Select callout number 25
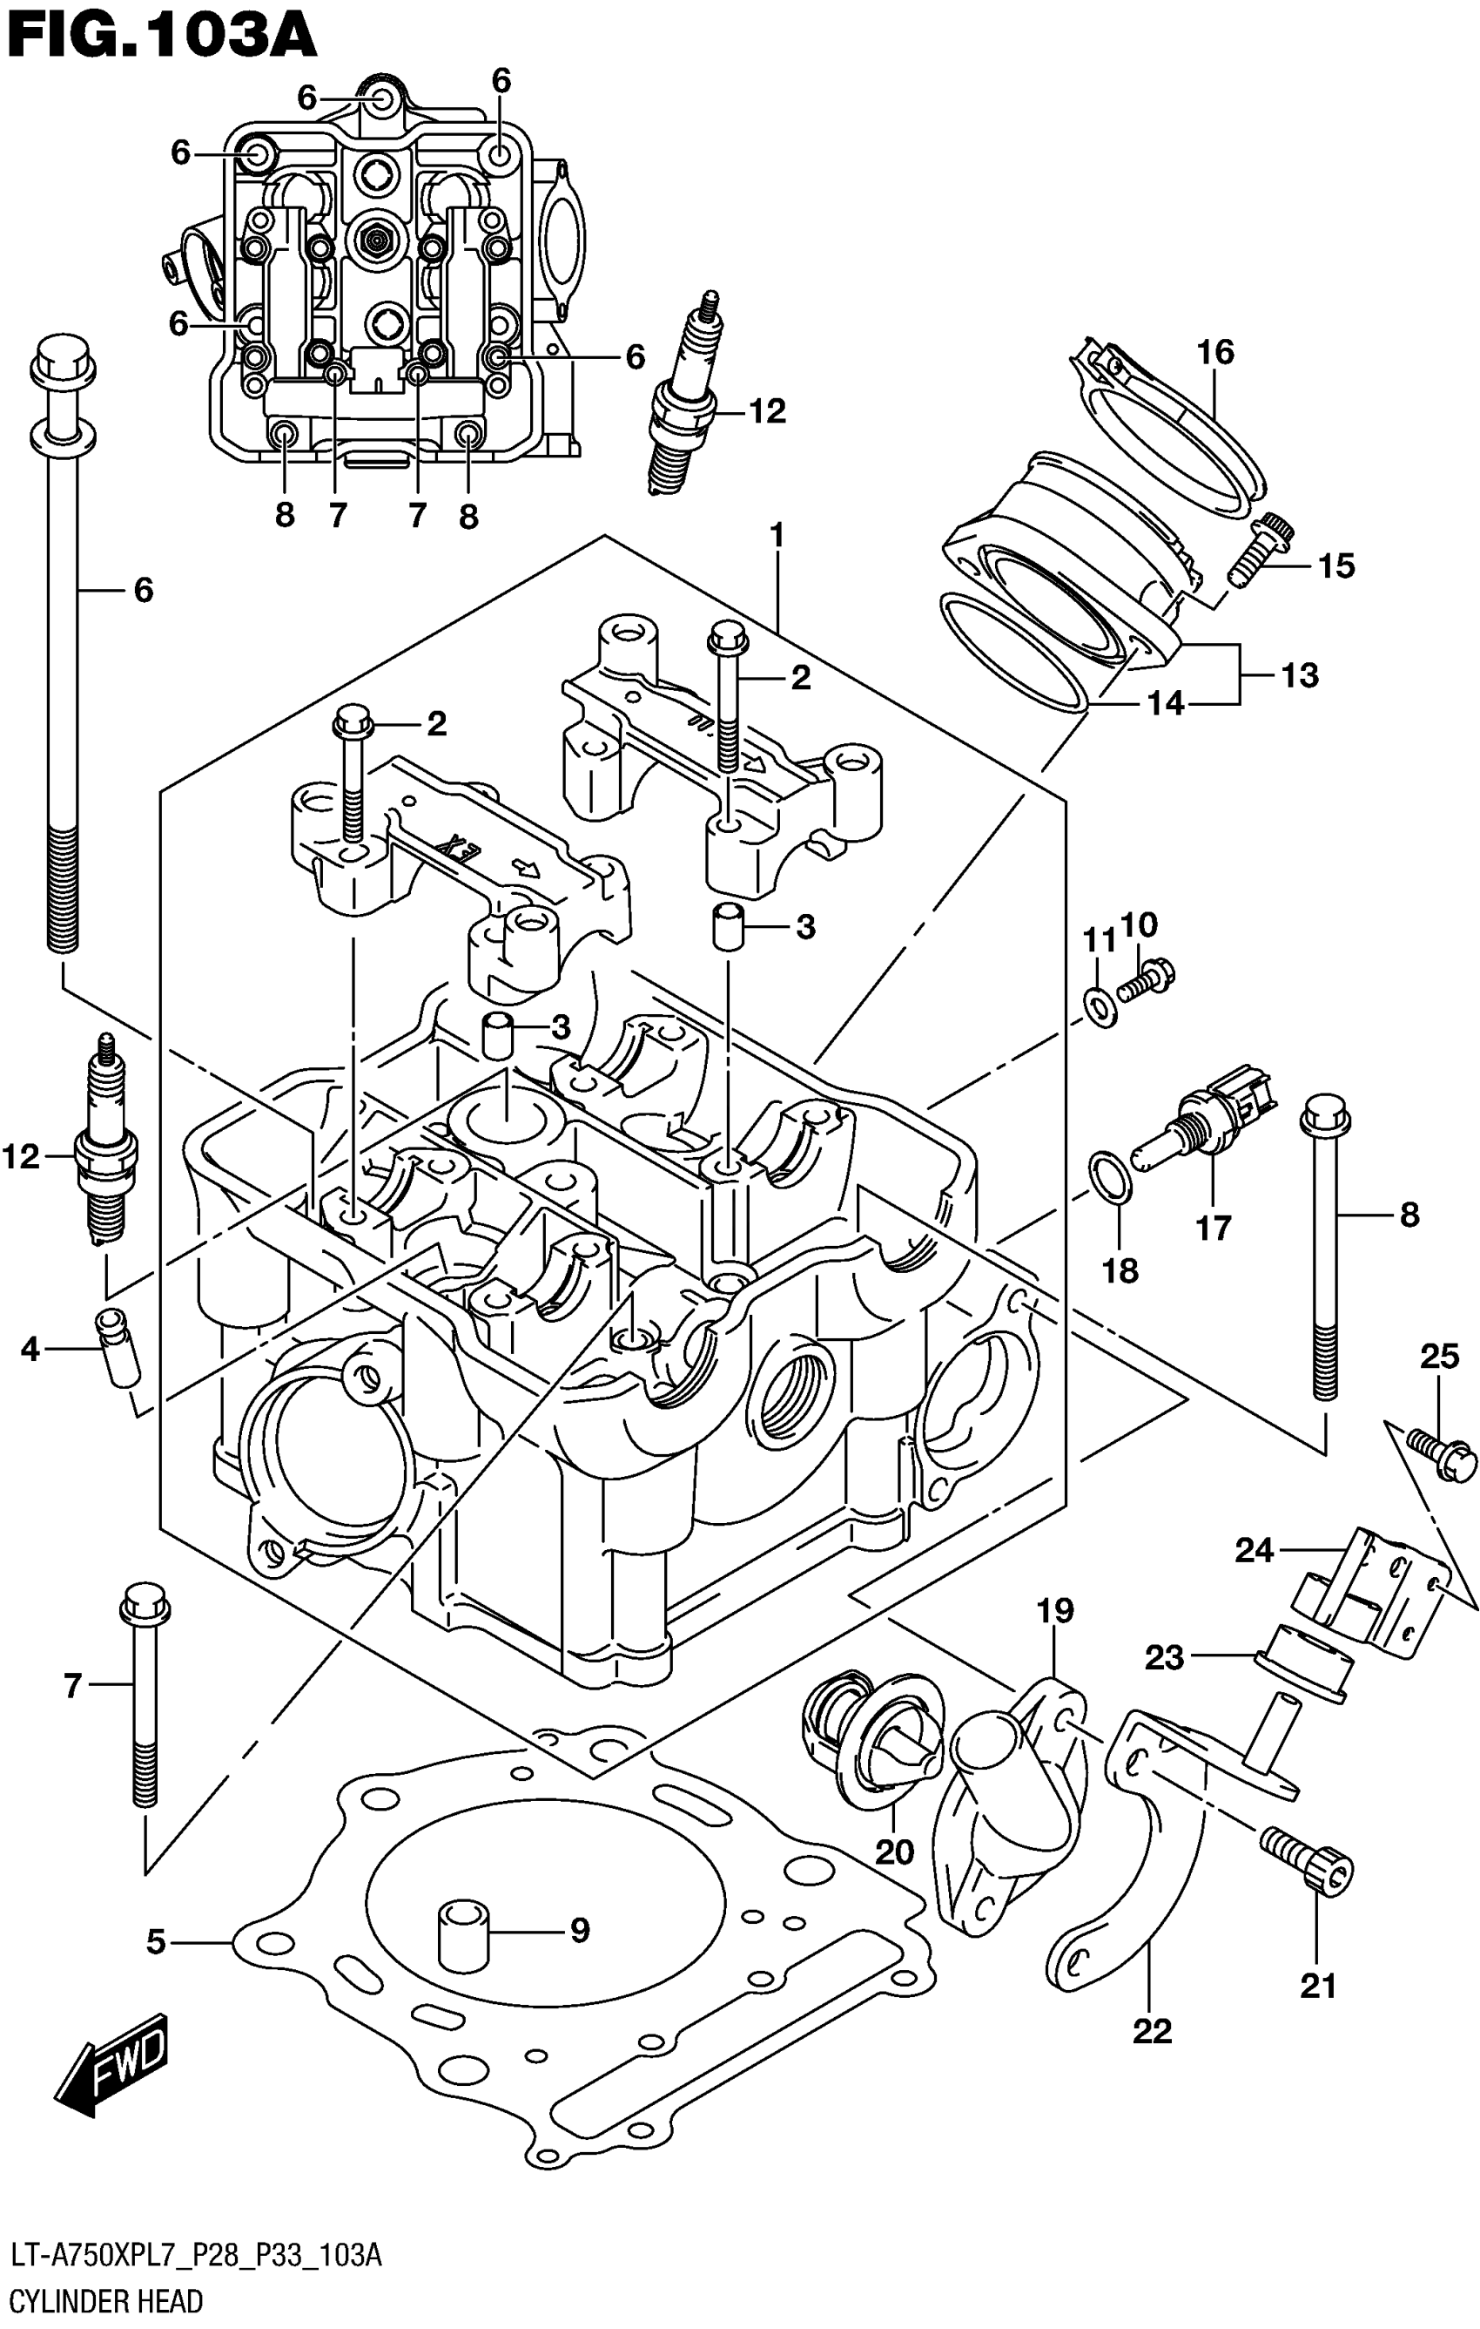click(1438, 1356)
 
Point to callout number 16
click(1215, 351)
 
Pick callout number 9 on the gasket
click(579, 1931)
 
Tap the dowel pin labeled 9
click(462, 1933)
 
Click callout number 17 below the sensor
click(1214, 1229)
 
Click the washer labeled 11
click(1100, 1009)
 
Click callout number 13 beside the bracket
click(1300, 675)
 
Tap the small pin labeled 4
click(118, 1346)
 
